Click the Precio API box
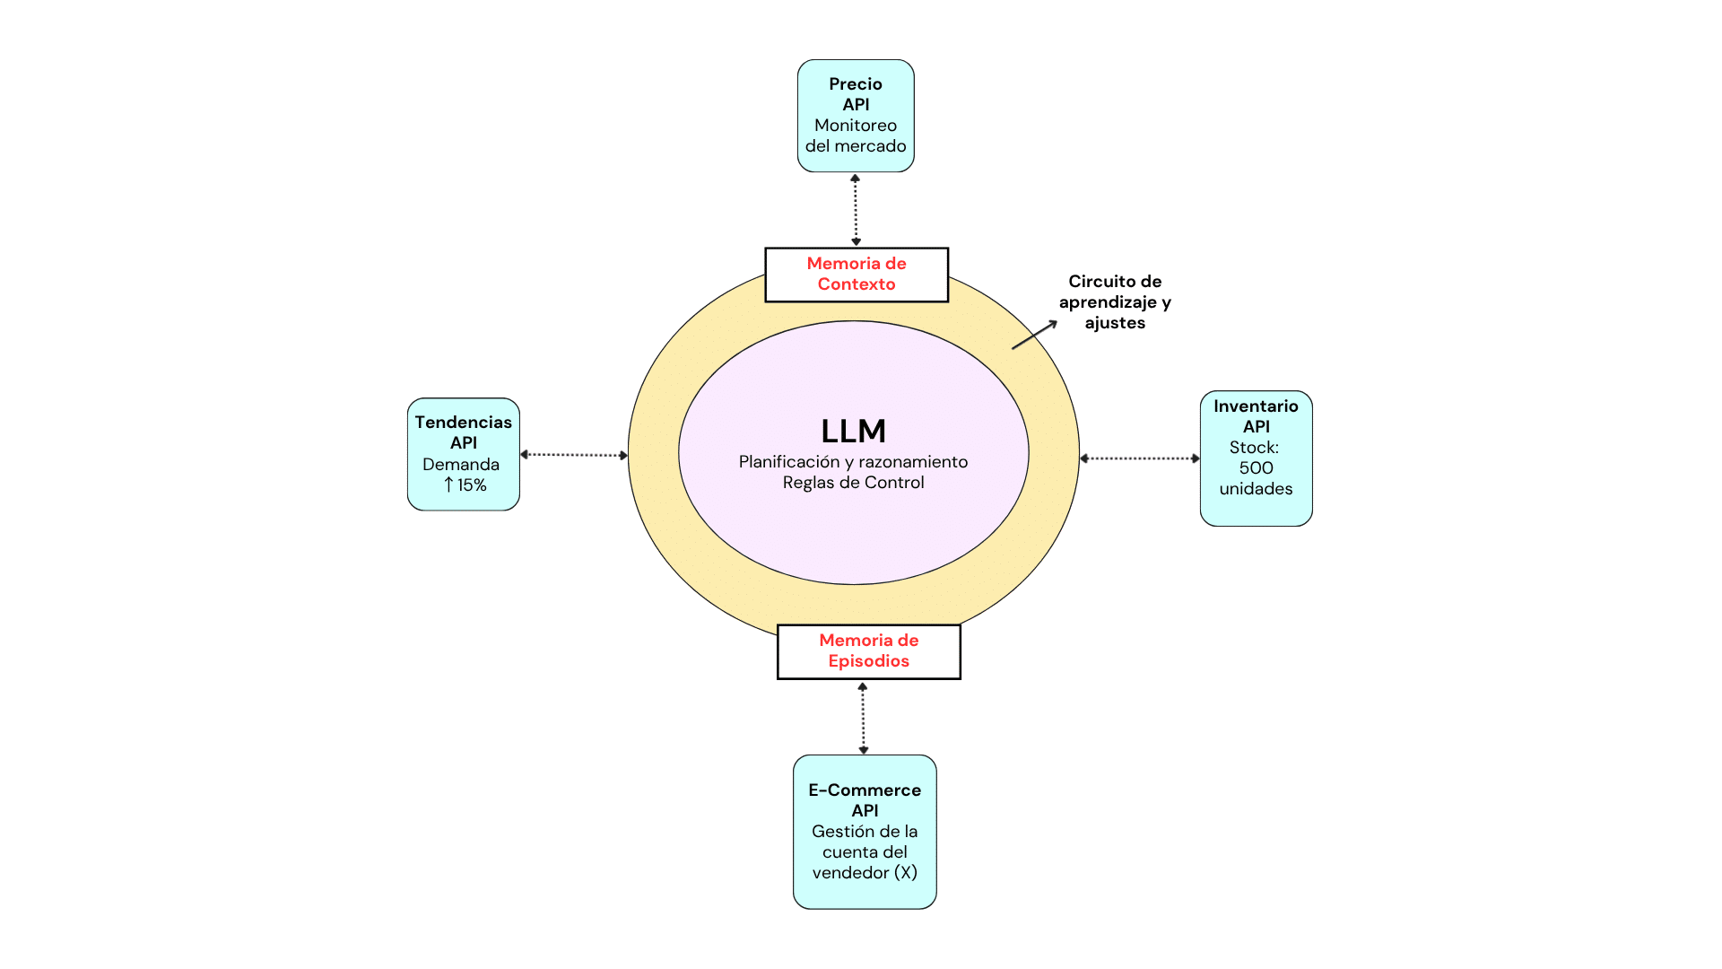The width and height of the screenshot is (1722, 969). pos(856,116)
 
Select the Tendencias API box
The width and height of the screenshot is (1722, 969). pos(463,454)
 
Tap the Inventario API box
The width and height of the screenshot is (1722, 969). pos(1256,458)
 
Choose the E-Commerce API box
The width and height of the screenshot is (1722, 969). pos(865,831)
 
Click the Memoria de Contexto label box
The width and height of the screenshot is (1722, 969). pos(857,275)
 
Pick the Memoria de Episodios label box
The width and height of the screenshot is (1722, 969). pos(868,651)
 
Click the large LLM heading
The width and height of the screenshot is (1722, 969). pos(853,432)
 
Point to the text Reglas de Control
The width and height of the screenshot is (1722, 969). pos(853,483)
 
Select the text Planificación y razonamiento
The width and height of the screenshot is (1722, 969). pos(853,462)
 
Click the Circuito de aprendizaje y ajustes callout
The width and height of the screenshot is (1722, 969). pos(1115,302)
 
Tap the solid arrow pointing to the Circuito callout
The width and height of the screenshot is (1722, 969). pos(1035,335)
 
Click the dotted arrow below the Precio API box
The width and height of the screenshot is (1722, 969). pos(856,210)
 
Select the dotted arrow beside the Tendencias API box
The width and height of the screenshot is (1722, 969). pos(574,455)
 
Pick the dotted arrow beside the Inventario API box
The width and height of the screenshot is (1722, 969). pos(1140,458)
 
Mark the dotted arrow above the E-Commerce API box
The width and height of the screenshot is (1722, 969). pos(863,718)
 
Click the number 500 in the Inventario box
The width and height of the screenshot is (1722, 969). pos(1256,468)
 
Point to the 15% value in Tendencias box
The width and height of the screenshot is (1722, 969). pos(472,485)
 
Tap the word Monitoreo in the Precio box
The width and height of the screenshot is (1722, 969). pos(856,126)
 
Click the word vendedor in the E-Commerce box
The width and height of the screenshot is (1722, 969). pos(850,873)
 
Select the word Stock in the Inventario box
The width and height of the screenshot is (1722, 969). pos(1252,448)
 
